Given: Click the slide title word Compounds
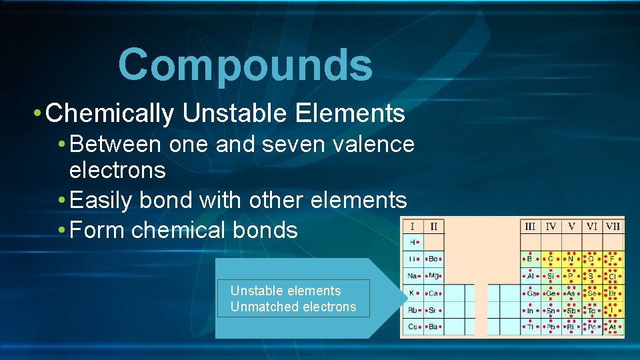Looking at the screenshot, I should pos(245,65).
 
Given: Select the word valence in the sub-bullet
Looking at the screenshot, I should pos(379,143).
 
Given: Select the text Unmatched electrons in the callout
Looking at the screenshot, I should pos(293,307).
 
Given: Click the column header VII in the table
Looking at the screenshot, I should pos(613,227).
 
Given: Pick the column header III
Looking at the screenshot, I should pos(530,227).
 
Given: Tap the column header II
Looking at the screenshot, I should pos(433,227).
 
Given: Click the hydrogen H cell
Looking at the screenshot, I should pos(413,242).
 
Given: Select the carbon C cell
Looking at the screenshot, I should pos(551,259).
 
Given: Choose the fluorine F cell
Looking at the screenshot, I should pos(612,259).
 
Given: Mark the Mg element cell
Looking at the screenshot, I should pos(433,275).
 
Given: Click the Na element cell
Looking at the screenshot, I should pos(413,275).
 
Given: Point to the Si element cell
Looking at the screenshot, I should pos(551,275).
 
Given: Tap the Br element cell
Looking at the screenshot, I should pos(612,293).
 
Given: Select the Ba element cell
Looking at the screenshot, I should pos(433,327).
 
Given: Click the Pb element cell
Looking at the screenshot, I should pos(551,327).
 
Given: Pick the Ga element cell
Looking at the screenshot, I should pos(530,293).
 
